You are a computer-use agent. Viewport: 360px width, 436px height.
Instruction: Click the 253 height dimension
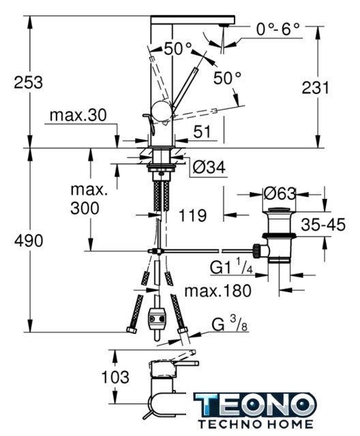tap(29, 82)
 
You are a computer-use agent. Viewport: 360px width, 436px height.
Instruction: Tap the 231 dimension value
tap(316, 88)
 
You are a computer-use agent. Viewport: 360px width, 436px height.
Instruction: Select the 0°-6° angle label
tap(278, 29)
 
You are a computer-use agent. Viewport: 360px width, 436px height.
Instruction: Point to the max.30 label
tap(78, 115)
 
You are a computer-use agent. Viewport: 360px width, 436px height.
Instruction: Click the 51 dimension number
tap(202, 132)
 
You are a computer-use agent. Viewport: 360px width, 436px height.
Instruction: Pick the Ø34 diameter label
tap(209, 168)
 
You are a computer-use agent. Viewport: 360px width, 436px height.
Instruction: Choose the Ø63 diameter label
tap(280, 193)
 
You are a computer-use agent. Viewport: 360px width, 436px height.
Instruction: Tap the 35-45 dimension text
tap(323, 225)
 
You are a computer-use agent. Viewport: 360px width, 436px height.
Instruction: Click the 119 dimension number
tap(192, 215)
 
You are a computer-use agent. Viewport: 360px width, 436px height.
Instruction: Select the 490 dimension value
tap(29, 240)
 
